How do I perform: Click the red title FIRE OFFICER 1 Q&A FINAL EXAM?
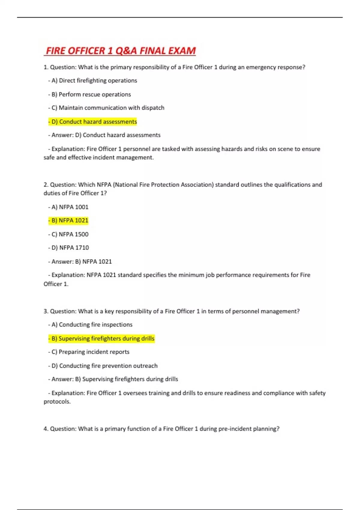point(120,51)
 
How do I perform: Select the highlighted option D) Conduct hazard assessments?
point(93,121)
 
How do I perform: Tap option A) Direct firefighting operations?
point(93,80)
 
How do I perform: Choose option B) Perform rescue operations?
point(90,94)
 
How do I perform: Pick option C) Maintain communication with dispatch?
point(106,108)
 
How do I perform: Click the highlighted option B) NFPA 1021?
point(68,220)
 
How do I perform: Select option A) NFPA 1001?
point(68,207)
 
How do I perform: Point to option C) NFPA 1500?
point(68,234)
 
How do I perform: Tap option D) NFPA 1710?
point(69,248)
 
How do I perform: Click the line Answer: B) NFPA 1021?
point(80,262)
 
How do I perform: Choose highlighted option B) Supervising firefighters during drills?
point(101,338)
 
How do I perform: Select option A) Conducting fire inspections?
point(90,325)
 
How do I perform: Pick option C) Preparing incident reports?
point(89,352)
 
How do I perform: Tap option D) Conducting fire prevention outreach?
point(103,366)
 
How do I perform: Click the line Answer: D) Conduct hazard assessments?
point(104,135)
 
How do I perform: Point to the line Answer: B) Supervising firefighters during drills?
point(113,379)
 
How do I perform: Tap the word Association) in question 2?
point(197,184)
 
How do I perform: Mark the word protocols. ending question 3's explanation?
point(57,402)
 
